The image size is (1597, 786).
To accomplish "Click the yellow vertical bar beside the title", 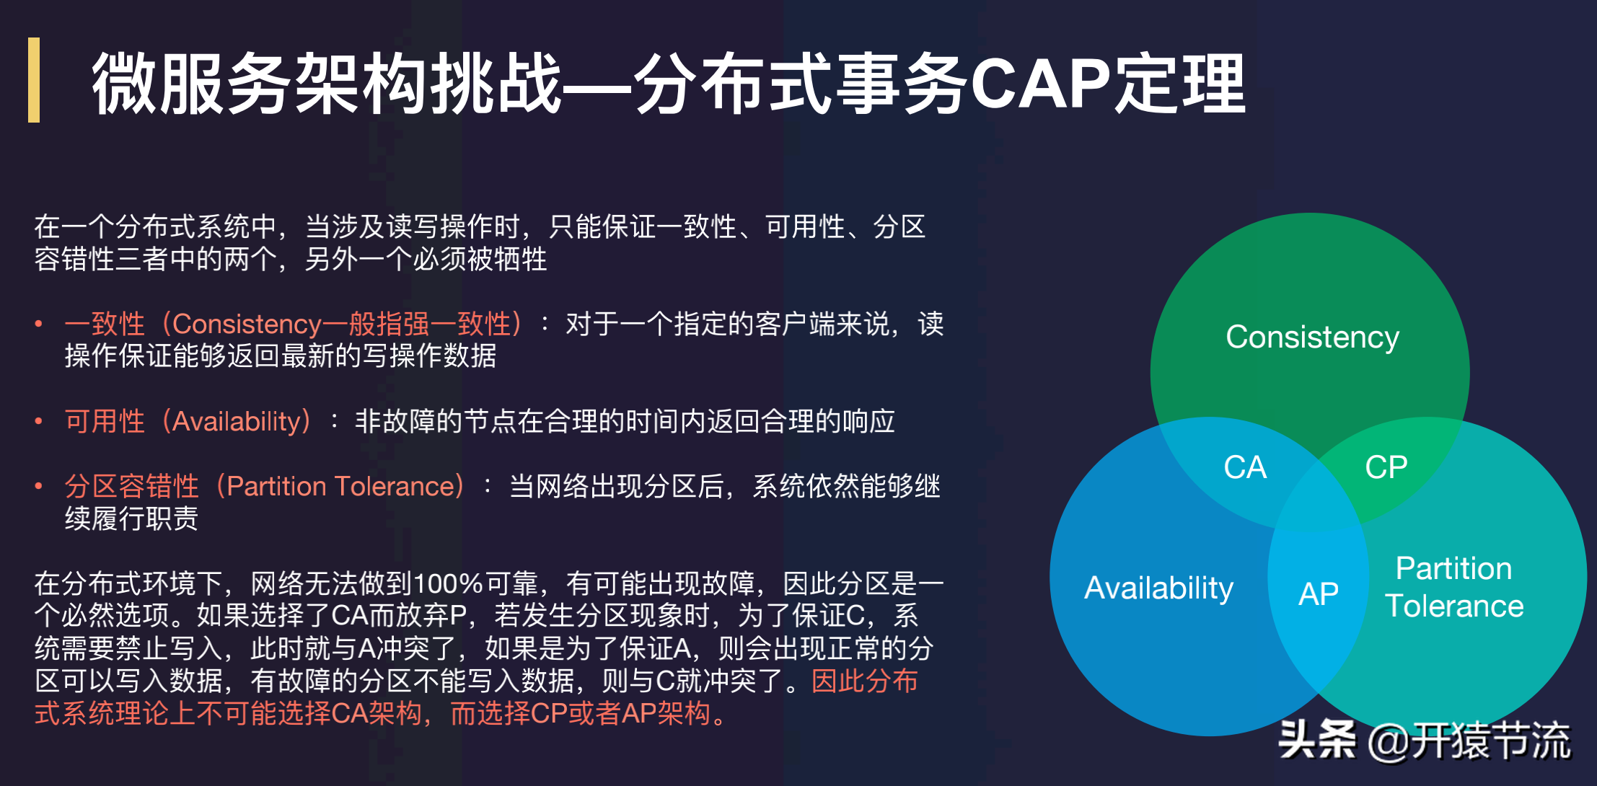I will point(34,80).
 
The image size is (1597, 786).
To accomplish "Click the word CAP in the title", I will point(1040,84).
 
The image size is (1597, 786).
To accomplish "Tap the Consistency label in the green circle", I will point(1312,337).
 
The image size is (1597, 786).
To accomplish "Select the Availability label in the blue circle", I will point(1158,588).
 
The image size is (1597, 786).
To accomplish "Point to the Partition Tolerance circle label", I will point(1454,587).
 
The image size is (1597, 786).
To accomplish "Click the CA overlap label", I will point(1245,467).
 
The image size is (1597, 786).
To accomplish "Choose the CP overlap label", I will point(1386,467).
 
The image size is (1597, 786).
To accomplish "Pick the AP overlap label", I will point(1318,594).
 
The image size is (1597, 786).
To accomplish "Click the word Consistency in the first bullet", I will point(247,324).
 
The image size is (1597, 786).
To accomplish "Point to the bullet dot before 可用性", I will point(39,422).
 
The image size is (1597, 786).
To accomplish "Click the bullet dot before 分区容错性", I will point(39,487).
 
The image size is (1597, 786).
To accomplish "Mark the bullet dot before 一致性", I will point(39,324).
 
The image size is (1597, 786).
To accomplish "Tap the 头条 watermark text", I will point(1316,740).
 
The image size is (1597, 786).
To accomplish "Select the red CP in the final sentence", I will point(549,714).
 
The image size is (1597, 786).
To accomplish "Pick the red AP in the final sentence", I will point(638,714).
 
